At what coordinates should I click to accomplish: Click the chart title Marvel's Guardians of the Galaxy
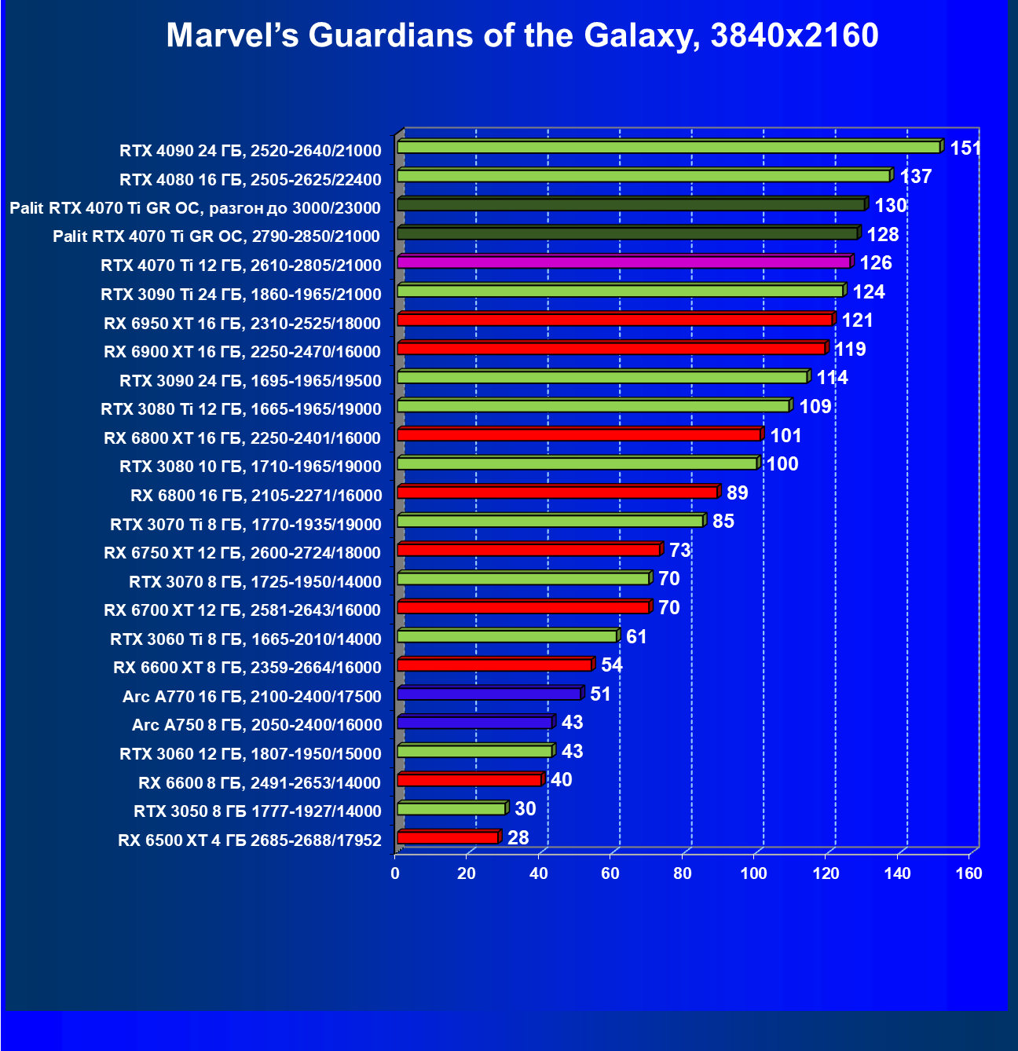[522, 35]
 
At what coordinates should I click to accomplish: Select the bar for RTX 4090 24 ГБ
[668, 147]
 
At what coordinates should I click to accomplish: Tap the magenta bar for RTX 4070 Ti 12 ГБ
[624, 262]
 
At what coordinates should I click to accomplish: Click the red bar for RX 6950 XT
[614, 320]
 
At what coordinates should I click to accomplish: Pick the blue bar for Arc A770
[489, 694]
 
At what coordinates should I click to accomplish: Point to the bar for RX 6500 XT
[448, 837]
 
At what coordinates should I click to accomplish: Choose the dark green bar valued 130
[631, 204]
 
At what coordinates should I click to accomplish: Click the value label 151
[965, 148]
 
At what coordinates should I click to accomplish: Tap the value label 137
[915, 176]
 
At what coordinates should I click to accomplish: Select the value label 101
[785, 435]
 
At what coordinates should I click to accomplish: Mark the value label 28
[518, 837]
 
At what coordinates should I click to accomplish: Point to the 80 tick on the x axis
[683, 873]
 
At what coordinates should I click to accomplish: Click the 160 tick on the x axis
[969, 873]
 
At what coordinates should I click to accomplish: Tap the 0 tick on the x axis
[395, 873]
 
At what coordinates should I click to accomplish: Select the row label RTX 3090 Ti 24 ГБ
[241, 295]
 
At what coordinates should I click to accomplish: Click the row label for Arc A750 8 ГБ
[257, 725]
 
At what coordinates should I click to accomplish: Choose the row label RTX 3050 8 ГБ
[258, 811]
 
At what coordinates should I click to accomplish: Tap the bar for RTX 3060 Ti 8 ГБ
[507, 636]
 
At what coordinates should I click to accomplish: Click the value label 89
[737, 493]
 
